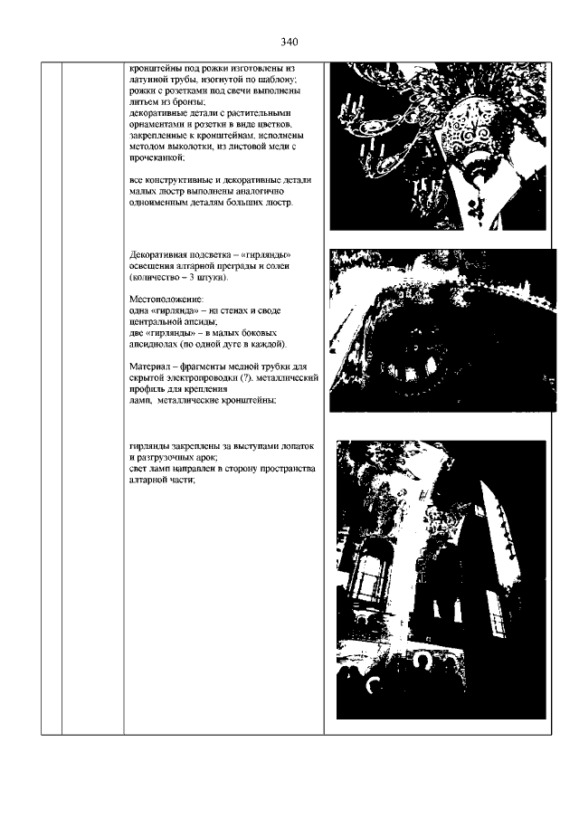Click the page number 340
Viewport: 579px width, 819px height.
(x=289, y=42)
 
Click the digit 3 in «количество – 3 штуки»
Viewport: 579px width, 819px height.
(x=192, y=277)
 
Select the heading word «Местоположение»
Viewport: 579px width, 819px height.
(x=166, y=300)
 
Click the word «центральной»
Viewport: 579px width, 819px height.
(x=154, y=322)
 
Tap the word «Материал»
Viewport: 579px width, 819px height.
(x=148, y=367)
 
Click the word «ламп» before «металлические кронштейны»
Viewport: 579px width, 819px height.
(x=139, y=401)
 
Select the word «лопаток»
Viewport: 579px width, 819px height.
(x=297, y=446)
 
